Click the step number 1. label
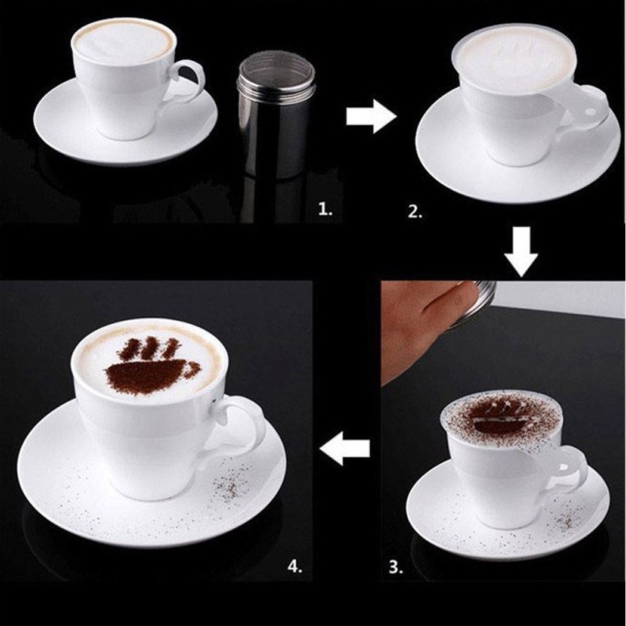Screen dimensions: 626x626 pyautogui.click(x=326, y=210)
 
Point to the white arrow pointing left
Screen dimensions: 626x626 pyautogui.click(x=345, y=448)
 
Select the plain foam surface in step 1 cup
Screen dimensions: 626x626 pyautogui.click(x=124, y=42)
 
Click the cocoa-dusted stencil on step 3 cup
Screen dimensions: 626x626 pyautogui.click(x=501, y=417)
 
